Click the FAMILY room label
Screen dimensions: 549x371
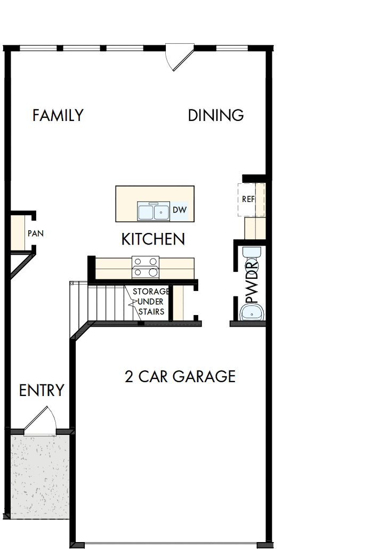[x=58, y=116]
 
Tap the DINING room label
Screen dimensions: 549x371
[x=216, y=116]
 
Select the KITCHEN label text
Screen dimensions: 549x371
[x=153, y=239]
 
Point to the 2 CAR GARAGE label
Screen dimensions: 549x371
[x=180, y=377]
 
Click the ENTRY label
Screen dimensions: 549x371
[x=42, y=391]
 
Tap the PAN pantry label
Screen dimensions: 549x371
[x=36, y=233]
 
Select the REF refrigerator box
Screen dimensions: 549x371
[x=251, y=199]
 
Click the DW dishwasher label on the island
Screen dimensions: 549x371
[x=180, y=211]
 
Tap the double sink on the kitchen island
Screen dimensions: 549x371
[x=154, y=212]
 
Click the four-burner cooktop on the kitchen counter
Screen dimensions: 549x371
[x=146, y=267]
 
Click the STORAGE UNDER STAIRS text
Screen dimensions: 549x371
[x=151, y=302]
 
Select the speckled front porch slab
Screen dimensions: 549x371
[x=40, y=474]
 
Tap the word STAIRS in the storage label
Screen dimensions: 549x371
[x=151, y=311]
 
